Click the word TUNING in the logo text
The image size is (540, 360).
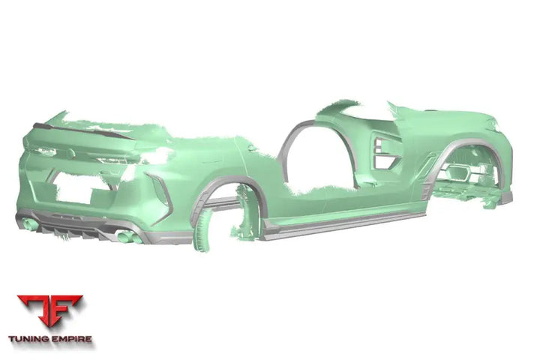29,339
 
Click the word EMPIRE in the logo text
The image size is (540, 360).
72,339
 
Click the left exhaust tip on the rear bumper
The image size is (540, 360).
31,224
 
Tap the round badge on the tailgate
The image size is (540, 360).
70,154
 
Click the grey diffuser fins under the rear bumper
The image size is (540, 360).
74,232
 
